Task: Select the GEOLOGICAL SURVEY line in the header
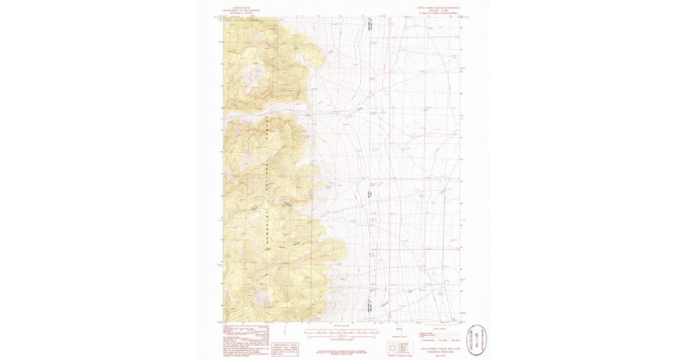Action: [x=241, y=13]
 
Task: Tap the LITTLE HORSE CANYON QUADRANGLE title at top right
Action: [x=437, y=7]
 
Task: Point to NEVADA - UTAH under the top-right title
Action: [x=437, y=10]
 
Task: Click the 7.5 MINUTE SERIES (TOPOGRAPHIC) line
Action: [x=437, y=13]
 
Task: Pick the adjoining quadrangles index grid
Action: [x=393, y=346]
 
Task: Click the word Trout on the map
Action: [x=309, y=114]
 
